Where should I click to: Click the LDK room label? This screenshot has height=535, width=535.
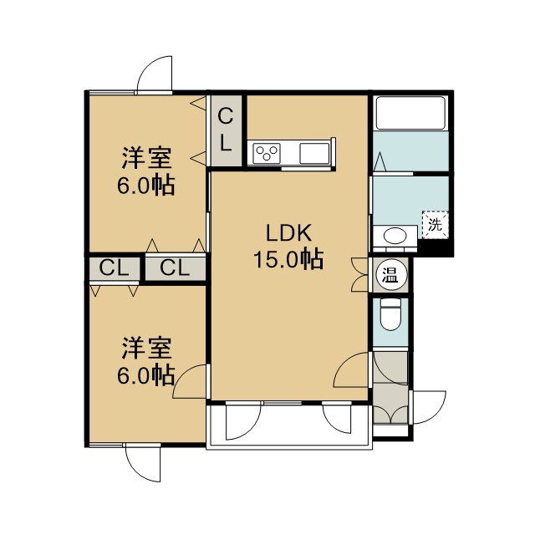click(288, 233)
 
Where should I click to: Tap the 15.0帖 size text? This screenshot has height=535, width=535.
click(288, 259)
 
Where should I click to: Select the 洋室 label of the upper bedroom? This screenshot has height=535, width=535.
click(147, 158)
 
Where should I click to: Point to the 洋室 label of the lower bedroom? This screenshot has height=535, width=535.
click(147, 349)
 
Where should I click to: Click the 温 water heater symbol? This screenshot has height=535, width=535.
click(390, 275)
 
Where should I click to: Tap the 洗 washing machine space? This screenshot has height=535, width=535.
click(436, 225)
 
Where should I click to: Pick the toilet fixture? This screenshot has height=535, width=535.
click(390, 314)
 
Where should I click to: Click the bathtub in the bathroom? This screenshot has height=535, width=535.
click(410, 114)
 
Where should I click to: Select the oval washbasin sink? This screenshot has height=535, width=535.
click(395, 236)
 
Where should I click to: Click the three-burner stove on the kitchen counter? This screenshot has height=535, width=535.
click(267, 153)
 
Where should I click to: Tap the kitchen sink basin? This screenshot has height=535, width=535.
click(314, 153)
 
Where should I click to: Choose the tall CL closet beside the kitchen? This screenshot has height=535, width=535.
click(227, 130)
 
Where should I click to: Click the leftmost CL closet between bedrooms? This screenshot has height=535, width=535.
click(115, 269)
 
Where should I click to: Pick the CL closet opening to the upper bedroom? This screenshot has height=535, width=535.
click(176, 269)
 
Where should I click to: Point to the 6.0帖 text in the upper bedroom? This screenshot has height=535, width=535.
click(146, 186)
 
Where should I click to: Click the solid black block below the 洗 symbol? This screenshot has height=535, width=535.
click(436, 247)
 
